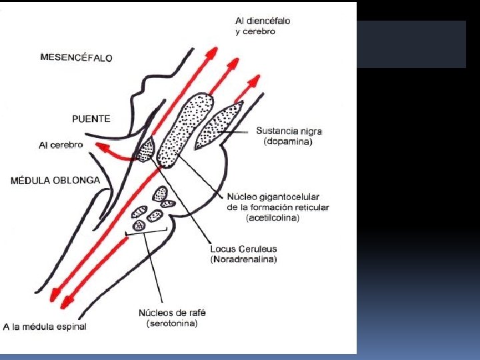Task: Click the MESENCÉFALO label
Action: coord(76,57)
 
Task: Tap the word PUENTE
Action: coord(91,119)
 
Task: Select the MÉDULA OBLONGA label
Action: coord(55,180)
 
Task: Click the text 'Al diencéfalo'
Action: coord(263,21)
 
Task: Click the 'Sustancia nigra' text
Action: coord(285,131)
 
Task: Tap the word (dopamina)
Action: coord(288,142)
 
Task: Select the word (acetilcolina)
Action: coord(273,217)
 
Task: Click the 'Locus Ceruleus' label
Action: coord(243,249)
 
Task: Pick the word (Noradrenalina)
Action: coord(244,259)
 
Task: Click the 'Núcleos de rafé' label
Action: coord(171,313)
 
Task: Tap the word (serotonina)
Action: coord(171,323)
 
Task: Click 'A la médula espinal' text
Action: coord(45,327)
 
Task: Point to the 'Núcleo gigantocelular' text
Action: coord(273,197)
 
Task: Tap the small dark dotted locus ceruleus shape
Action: coord(144,149)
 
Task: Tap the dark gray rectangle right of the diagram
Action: coord(411,44)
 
